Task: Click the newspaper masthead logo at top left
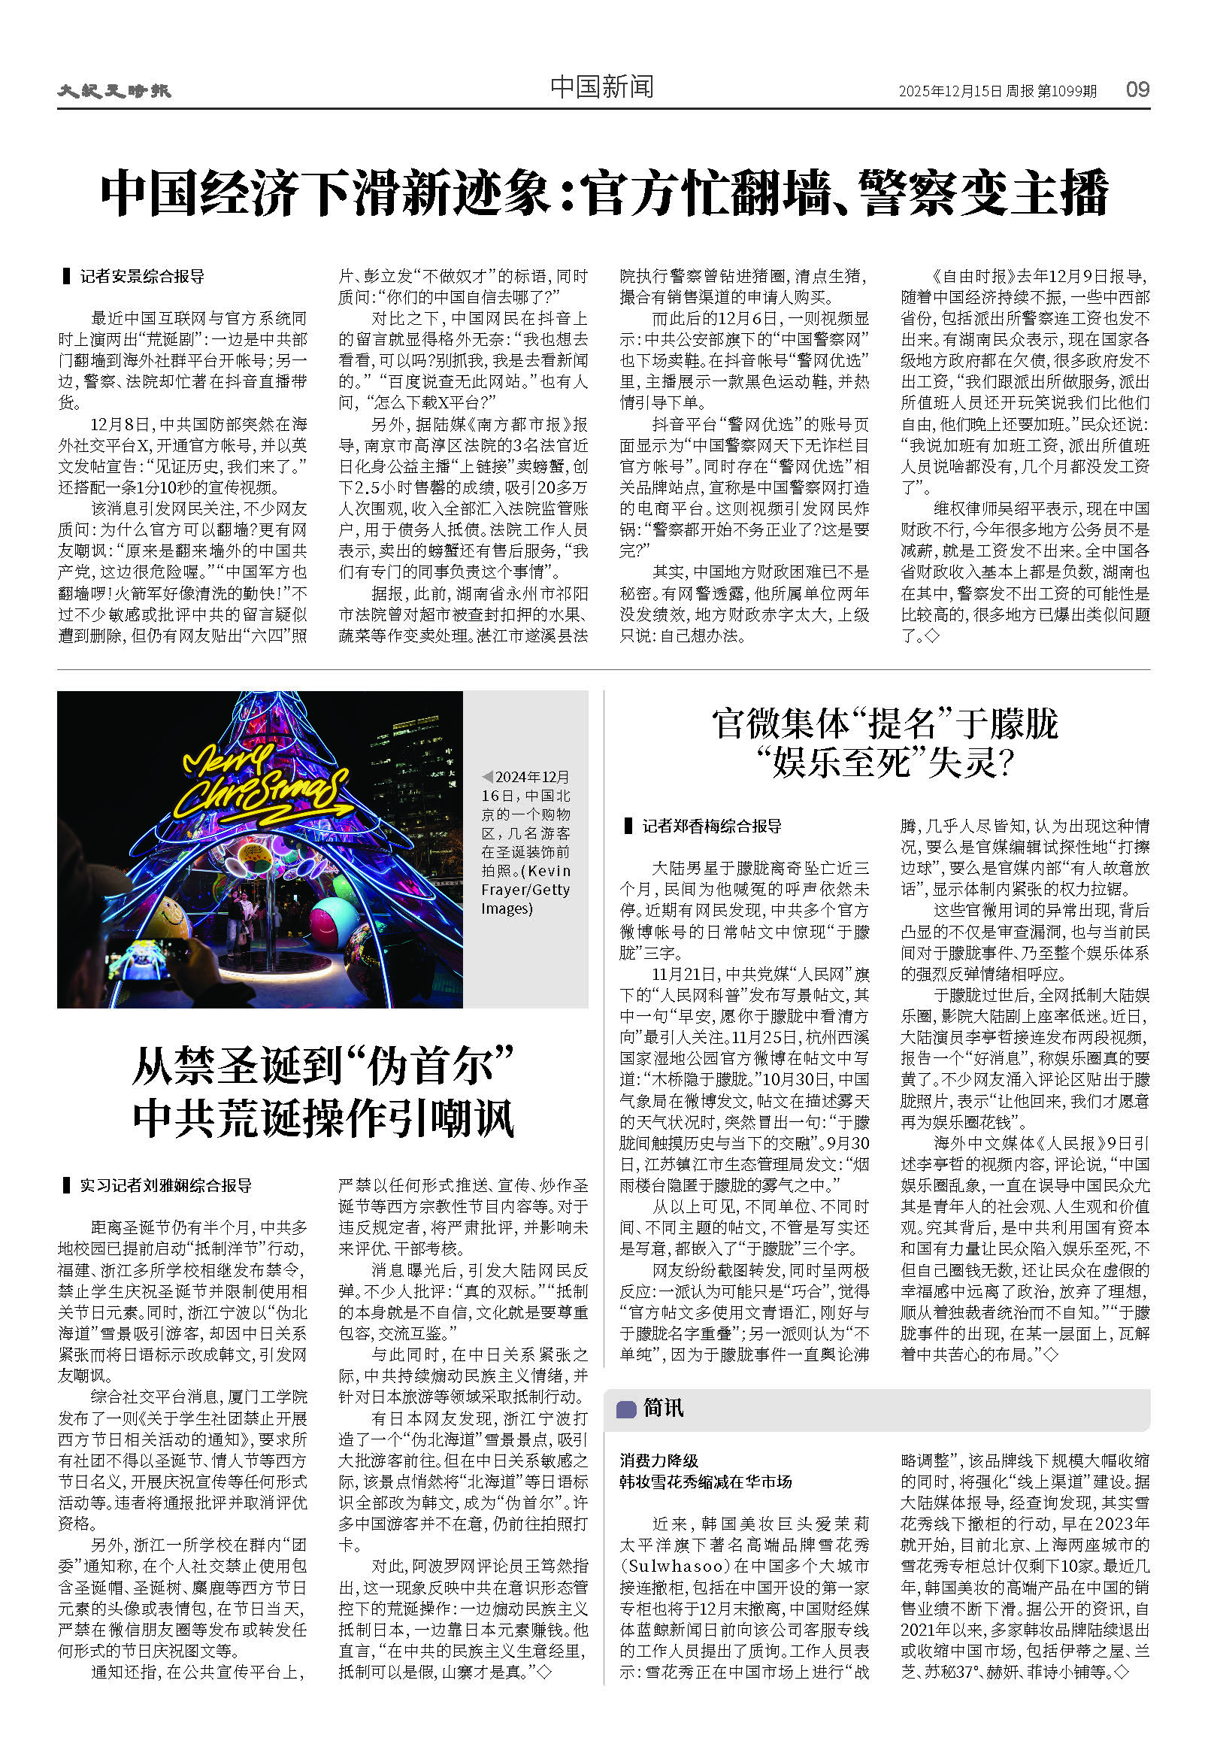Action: tap(114, 91)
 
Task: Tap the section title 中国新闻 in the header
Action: tap(601, 87)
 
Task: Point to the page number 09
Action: tap(1137, 89)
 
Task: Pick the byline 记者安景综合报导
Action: tap(141, 277)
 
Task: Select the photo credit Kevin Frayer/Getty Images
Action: tap(526, 890)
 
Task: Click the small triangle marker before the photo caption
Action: tap(487, 777)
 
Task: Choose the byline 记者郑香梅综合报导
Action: tap(711, 826)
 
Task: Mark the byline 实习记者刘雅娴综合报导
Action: tap(166, 1185)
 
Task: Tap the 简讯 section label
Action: tap(663, 1408)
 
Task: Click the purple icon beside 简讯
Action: tap(626, 1409)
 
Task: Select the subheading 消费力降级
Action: tap(658, 1460)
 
